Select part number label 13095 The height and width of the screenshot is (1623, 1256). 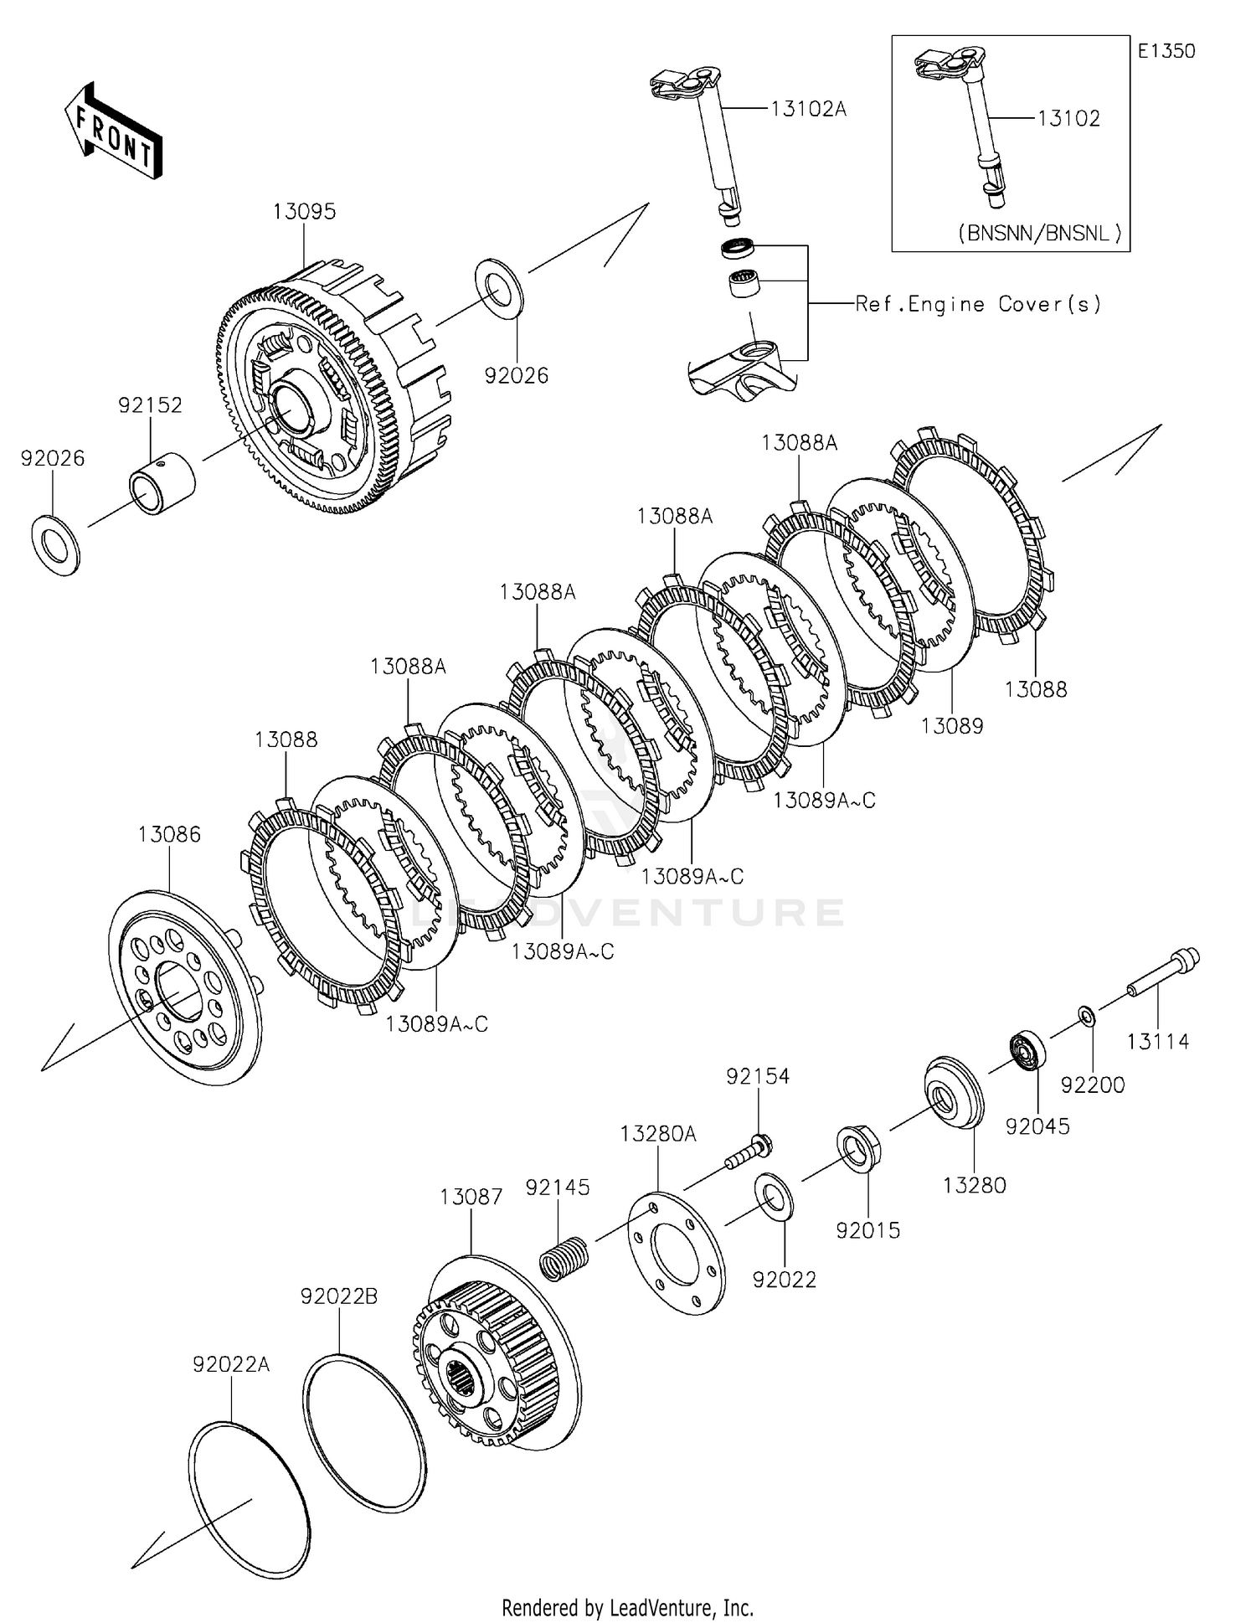click(304, 211)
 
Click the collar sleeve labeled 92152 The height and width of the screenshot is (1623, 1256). click(162, 483)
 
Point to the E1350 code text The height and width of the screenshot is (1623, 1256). click(1166, 51)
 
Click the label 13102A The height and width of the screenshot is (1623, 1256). click(808, 109)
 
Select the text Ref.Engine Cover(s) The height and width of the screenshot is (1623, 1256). click(977, 304)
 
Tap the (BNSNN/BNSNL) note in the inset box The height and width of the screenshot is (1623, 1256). click(1039, 234)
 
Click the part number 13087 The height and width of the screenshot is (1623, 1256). click(471, 1197)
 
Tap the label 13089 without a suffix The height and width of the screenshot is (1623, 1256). click(952, 726)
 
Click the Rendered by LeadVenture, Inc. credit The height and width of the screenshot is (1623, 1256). click(627, 1607)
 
